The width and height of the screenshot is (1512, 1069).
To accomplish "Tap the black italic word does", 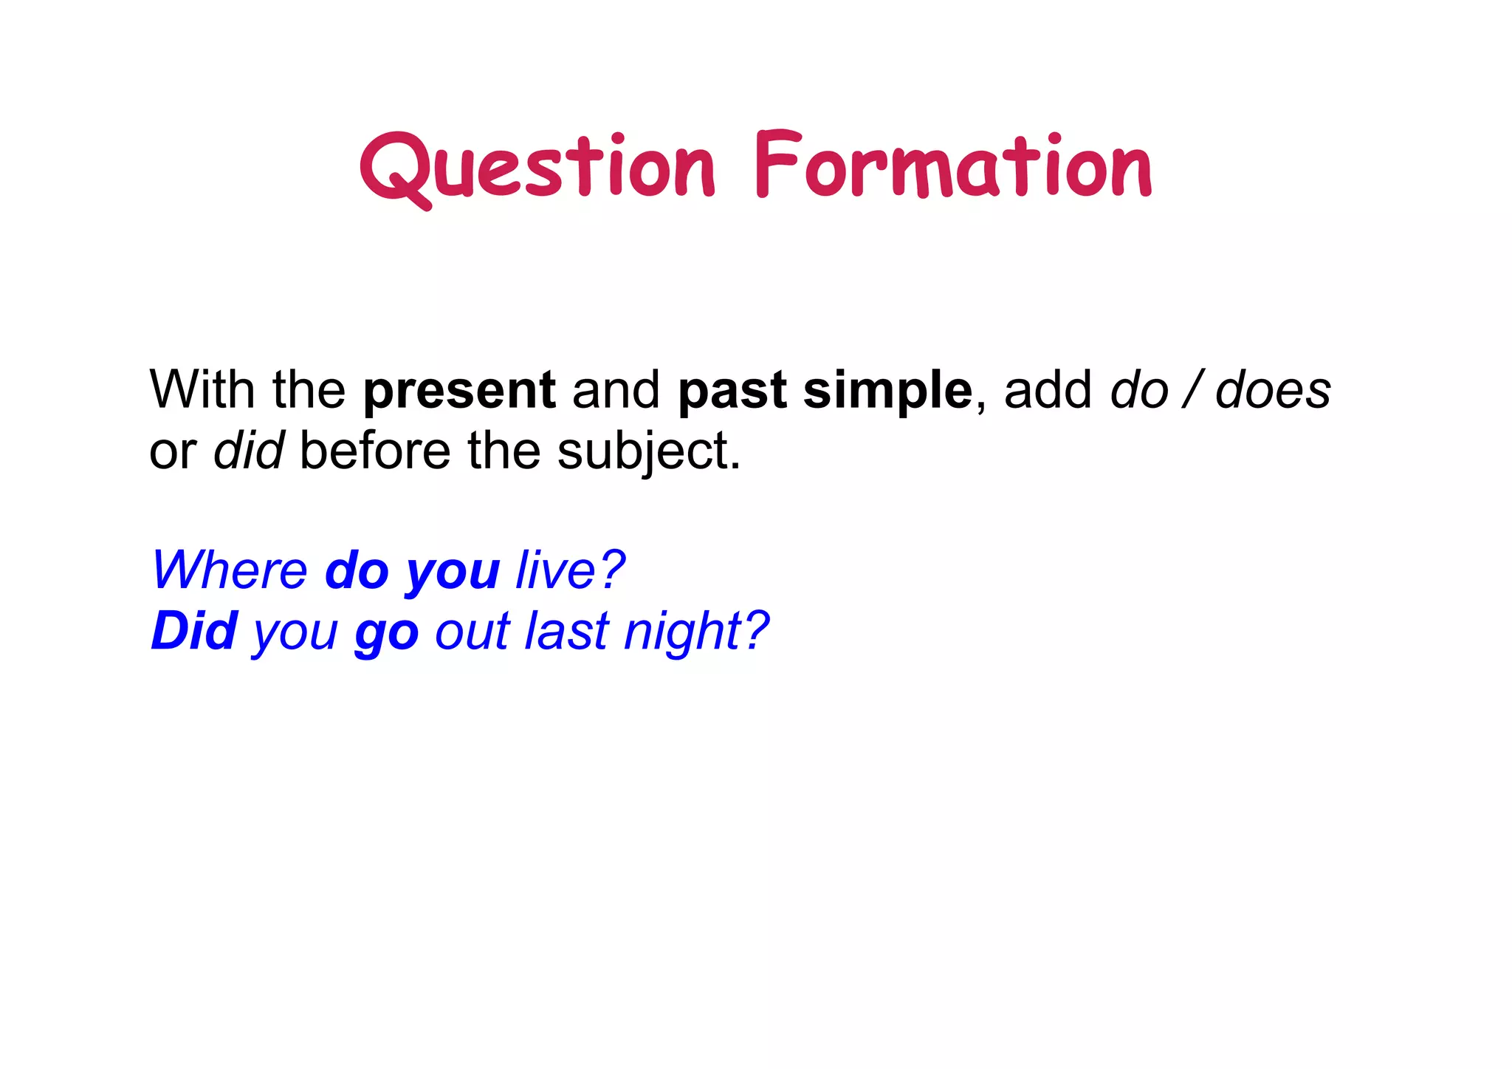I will (x=1273, y=389).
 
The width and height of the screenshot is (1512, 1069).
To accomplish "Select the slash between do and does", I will (x=1191, y=389).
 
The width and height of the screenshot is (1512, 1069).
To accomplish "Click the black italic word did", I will (x=249, y=450).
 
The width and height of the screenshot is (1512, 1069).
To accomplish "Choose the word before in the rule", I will (x=375, y=450).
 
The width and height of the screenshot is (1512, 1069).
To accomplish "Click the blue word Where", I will (x=230, y=570).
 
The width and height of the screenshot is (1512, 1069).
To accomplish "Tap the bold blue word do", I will (x=357, y=570).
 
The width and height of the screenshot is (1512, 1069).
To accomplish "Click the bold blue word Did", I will (x=194, y=631).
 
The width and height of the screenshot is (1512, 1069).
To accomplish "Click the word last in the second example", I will (x=566, y=631).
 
